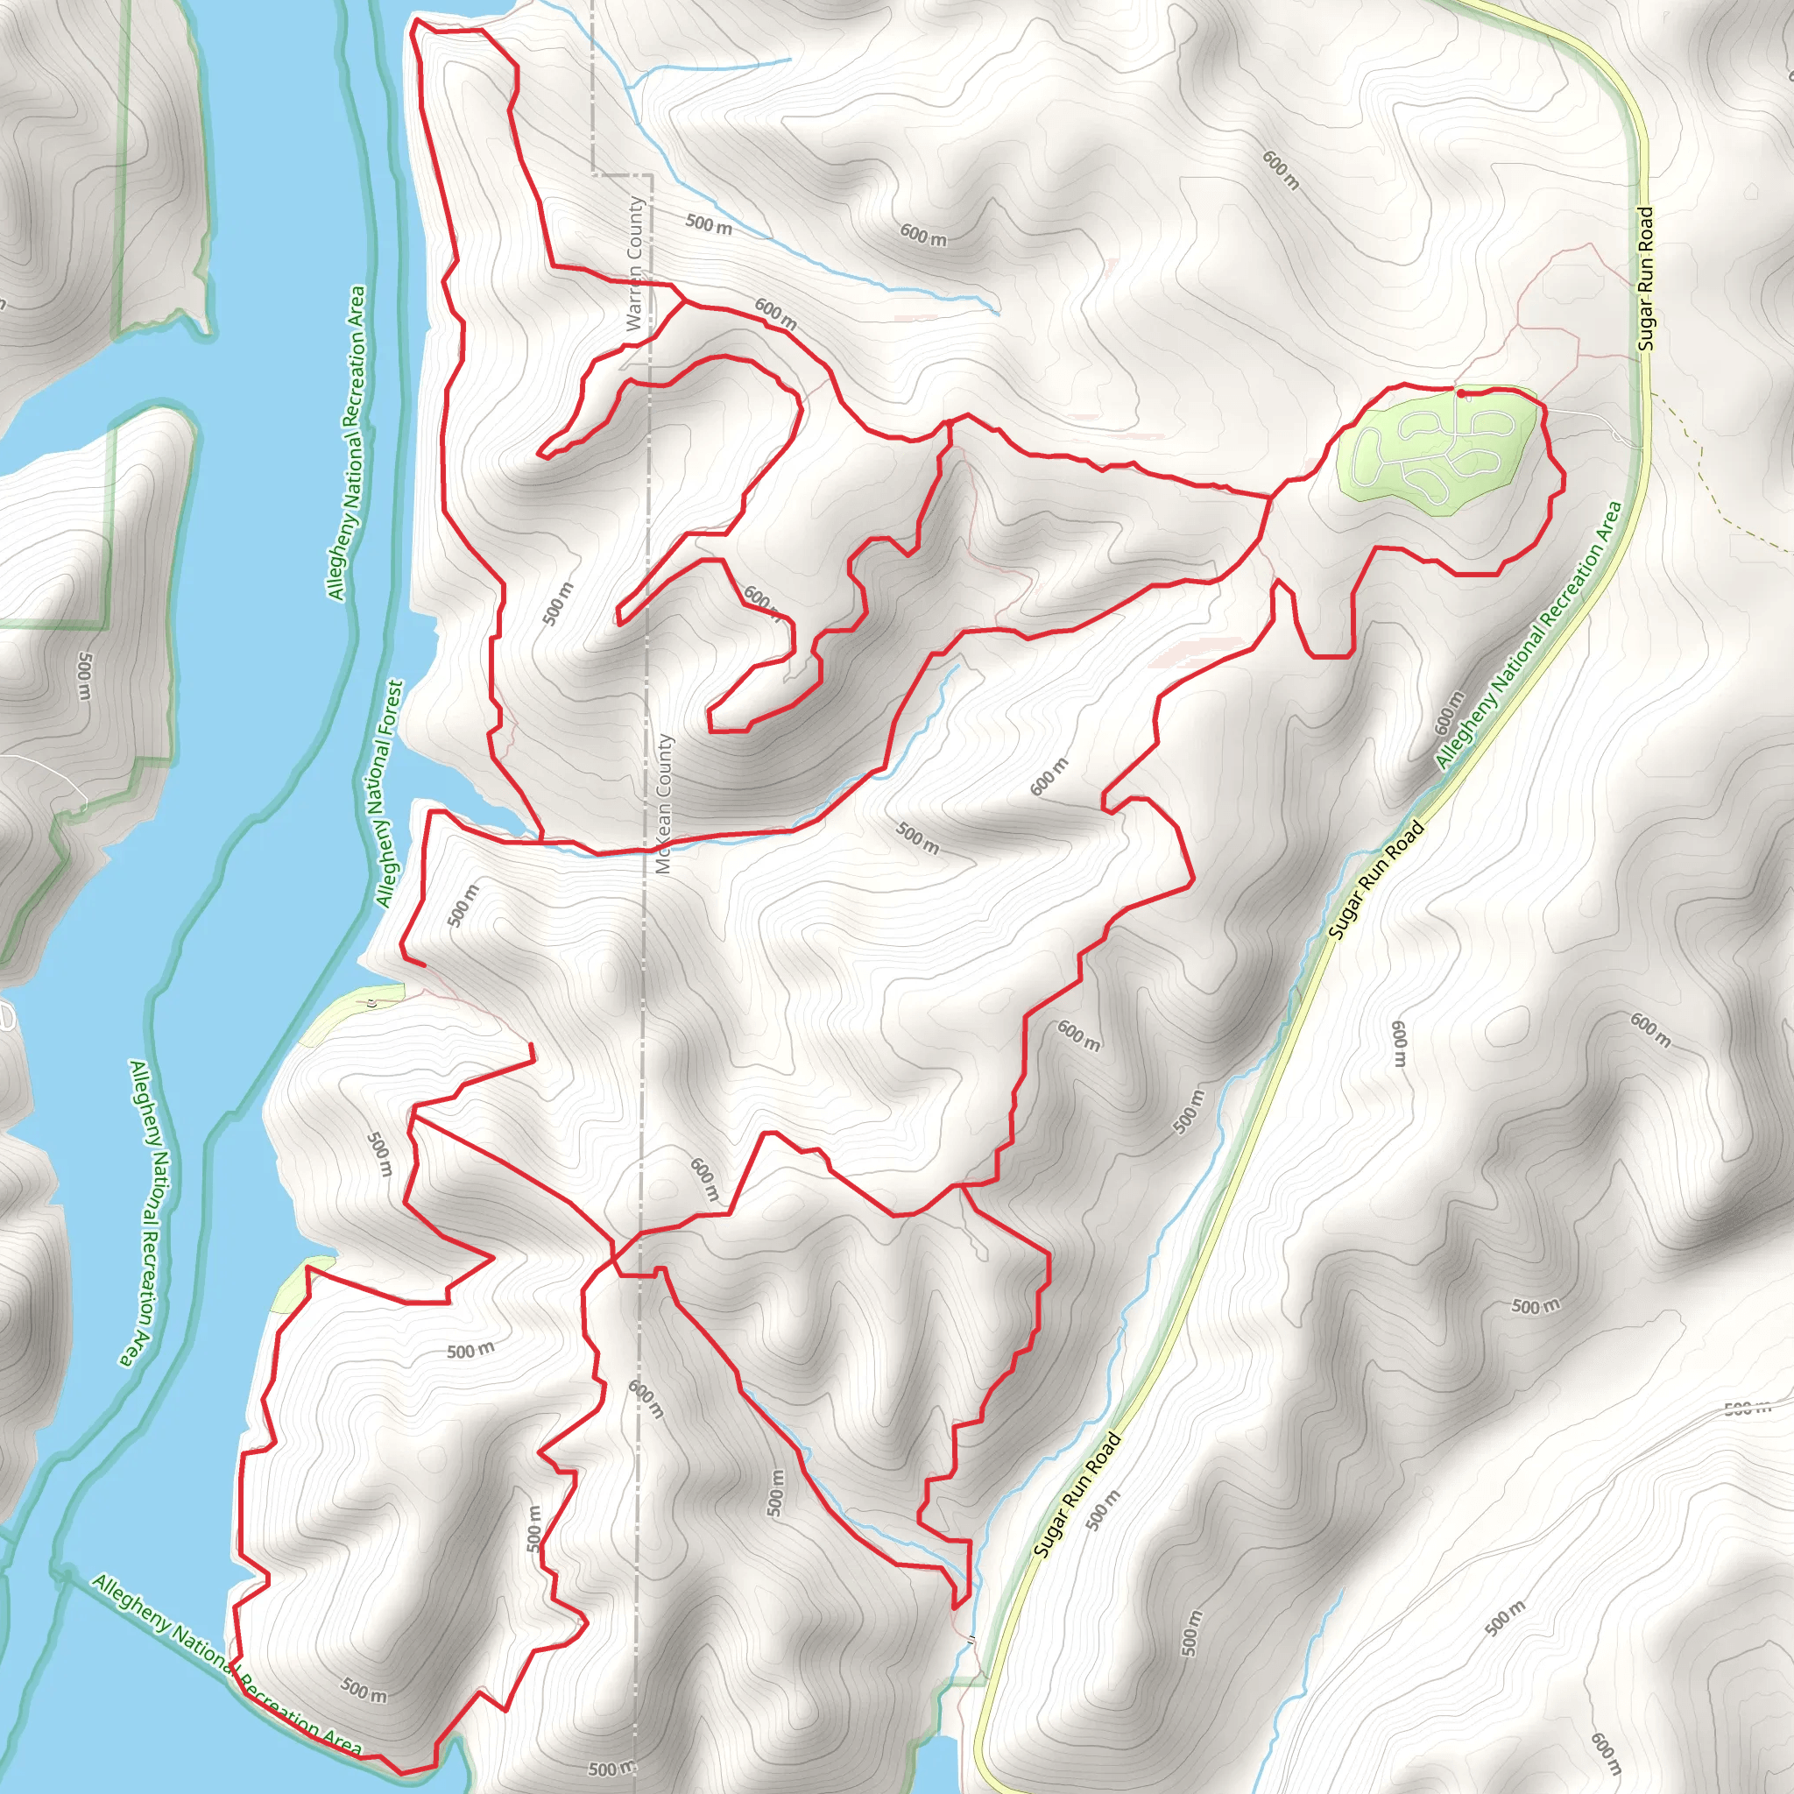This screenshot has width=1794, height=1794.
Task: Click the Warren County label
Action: click(634, 264)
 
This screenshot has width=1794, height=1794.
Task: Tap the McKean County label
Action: click(663, 804)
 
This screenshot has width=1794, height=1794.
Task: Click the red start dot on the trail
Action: click(1462, 393)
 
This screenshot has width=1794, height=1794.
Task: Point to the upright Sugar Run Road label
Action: click(1645, 279)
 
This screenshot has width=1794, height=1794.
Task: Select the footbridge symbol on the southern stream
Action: click(971, 1642)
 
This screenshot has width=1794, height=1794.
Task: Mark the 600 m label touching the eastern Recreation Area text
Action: click(1449, 710)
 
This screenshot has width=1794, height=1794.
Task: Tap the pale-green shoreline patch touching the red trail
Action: click(295, 1285)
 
